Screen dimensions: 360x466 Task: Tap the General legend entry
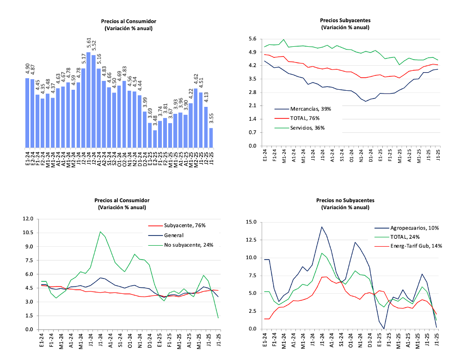point(173,235)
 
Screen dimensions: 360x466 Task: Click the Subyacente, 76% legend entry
point(184,225)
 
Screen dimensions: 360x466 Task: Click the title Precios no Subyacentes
point(345,201)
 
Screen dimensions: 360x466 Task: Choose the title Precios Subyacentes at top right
point(345,21)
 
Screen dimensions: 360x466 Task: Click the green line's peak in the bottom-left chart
point(100,232)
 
